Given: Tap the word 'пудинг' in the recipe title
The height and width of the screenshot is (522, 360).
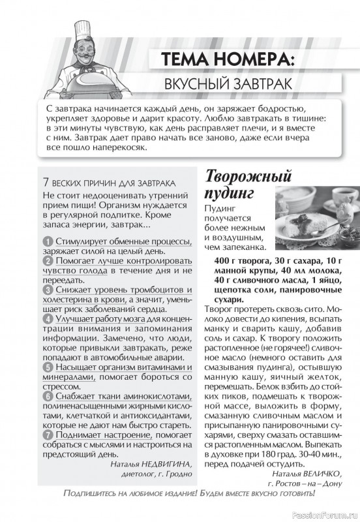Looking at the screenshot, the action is coord(228,194).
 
